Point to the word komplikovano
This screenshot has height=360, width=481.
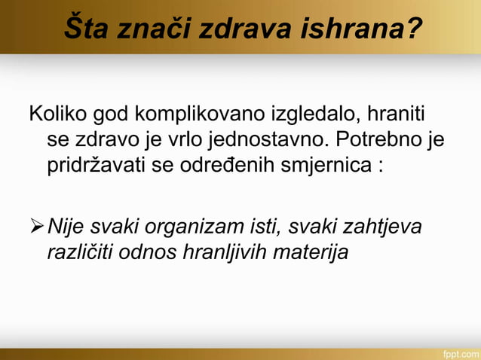[x=201, y=116]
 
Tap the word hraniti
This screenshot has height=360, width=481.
[x=396, y=116]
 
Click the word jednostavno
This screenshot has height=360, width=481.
[x=263, y=141]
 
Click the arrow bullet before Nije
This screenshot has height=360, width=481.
[x=37, y=227]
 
